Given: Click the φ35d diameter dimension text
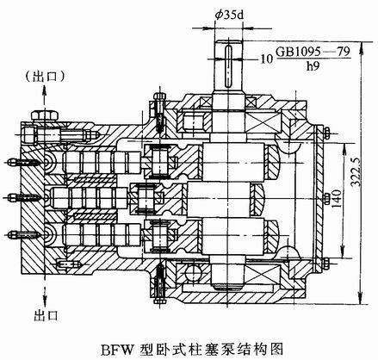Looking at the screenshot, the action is point(230,15).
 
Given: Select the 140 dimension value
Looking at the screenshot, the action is point(338,199).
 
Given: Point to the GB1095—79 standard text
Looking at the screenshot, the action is point(313,52).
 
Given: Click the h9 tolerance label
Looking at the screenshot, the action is point(313,66).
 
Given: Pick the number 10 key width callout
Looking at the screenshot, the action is point(267,59).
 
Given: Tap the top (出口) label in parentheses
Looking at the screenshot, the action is point(44,77).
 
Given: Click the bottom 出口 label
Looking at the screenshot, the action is point(46,315).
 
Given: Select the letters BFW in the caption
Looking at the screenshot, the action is point(118,350).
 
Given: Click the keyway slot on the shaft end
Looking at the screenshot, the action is point(229,66).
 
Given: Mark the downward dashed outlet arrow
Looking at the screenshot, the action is point(45,291).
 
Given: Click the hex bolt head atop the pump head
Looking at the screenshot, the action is point(45,115).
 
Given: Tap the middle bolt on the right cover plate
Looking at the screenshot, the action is point(327,198).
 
